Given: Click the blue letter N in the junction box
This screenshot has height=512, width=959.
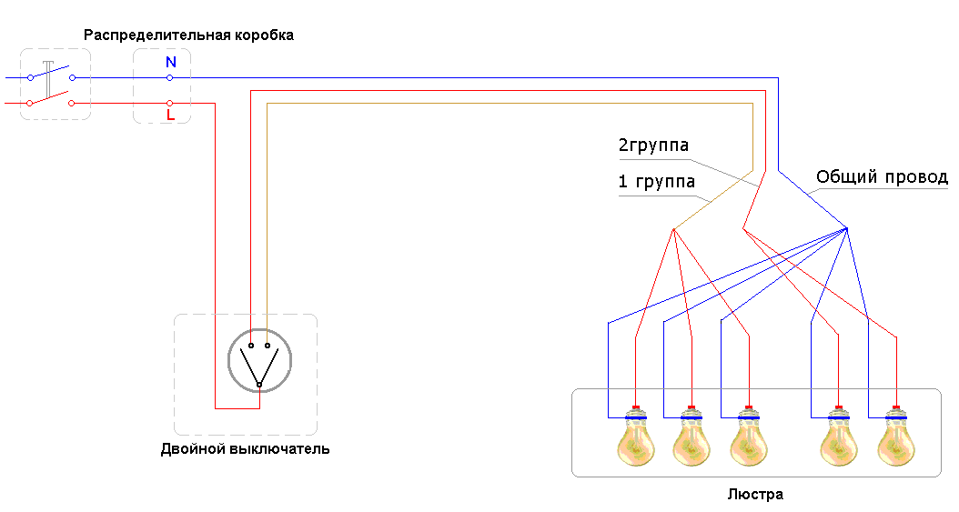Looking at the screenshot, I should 170,63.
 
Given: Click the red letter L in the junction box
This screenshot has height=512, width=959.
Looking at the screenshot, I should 170,115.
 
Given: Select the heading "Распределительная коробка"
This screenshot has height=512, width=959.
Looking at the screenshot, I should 189,35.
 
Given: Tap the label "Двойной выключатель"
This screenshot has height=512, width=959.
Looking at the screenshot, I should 245,449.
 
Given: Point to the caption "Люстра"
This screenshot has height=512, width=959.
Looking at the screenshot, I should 755,495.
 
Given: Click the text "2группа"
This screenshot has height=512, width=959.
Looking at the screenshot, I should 653,146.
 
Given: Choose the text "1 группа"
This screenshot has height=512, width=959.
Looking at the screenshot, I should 656,182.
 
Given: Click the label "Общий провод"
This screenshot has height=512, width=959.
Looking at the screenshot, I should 882,176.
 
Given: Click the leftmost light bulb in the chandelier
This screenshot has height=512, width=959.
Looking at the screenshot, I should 636,441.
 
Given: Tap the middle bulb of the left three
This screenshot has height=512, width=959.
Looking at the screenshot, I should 691,441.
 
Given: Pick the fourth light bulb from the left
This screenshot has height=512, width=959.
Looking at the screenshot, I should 838,441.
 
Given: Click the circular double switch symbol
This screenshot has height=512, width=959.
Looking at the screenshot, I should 258,364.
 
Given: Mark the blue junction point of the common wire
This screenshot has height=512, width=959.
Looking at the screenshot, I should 847,228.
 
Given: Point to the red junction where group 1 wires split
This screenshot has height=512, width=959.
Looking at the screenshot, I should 673,228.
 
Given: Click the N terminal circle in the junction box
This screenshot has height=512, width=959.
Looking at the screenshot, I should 170,78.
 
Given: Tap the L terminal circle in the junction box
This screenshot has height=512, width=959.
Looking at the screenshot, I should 170,103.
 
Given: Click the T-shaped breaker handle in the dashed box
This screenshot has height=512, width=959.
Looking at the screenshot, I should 47,77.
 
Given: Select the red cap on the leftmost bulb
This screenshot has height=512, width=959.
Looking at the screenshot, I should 636,407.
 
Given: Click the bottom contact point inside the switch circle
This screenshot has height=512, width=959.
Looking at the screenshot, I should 258,386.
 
